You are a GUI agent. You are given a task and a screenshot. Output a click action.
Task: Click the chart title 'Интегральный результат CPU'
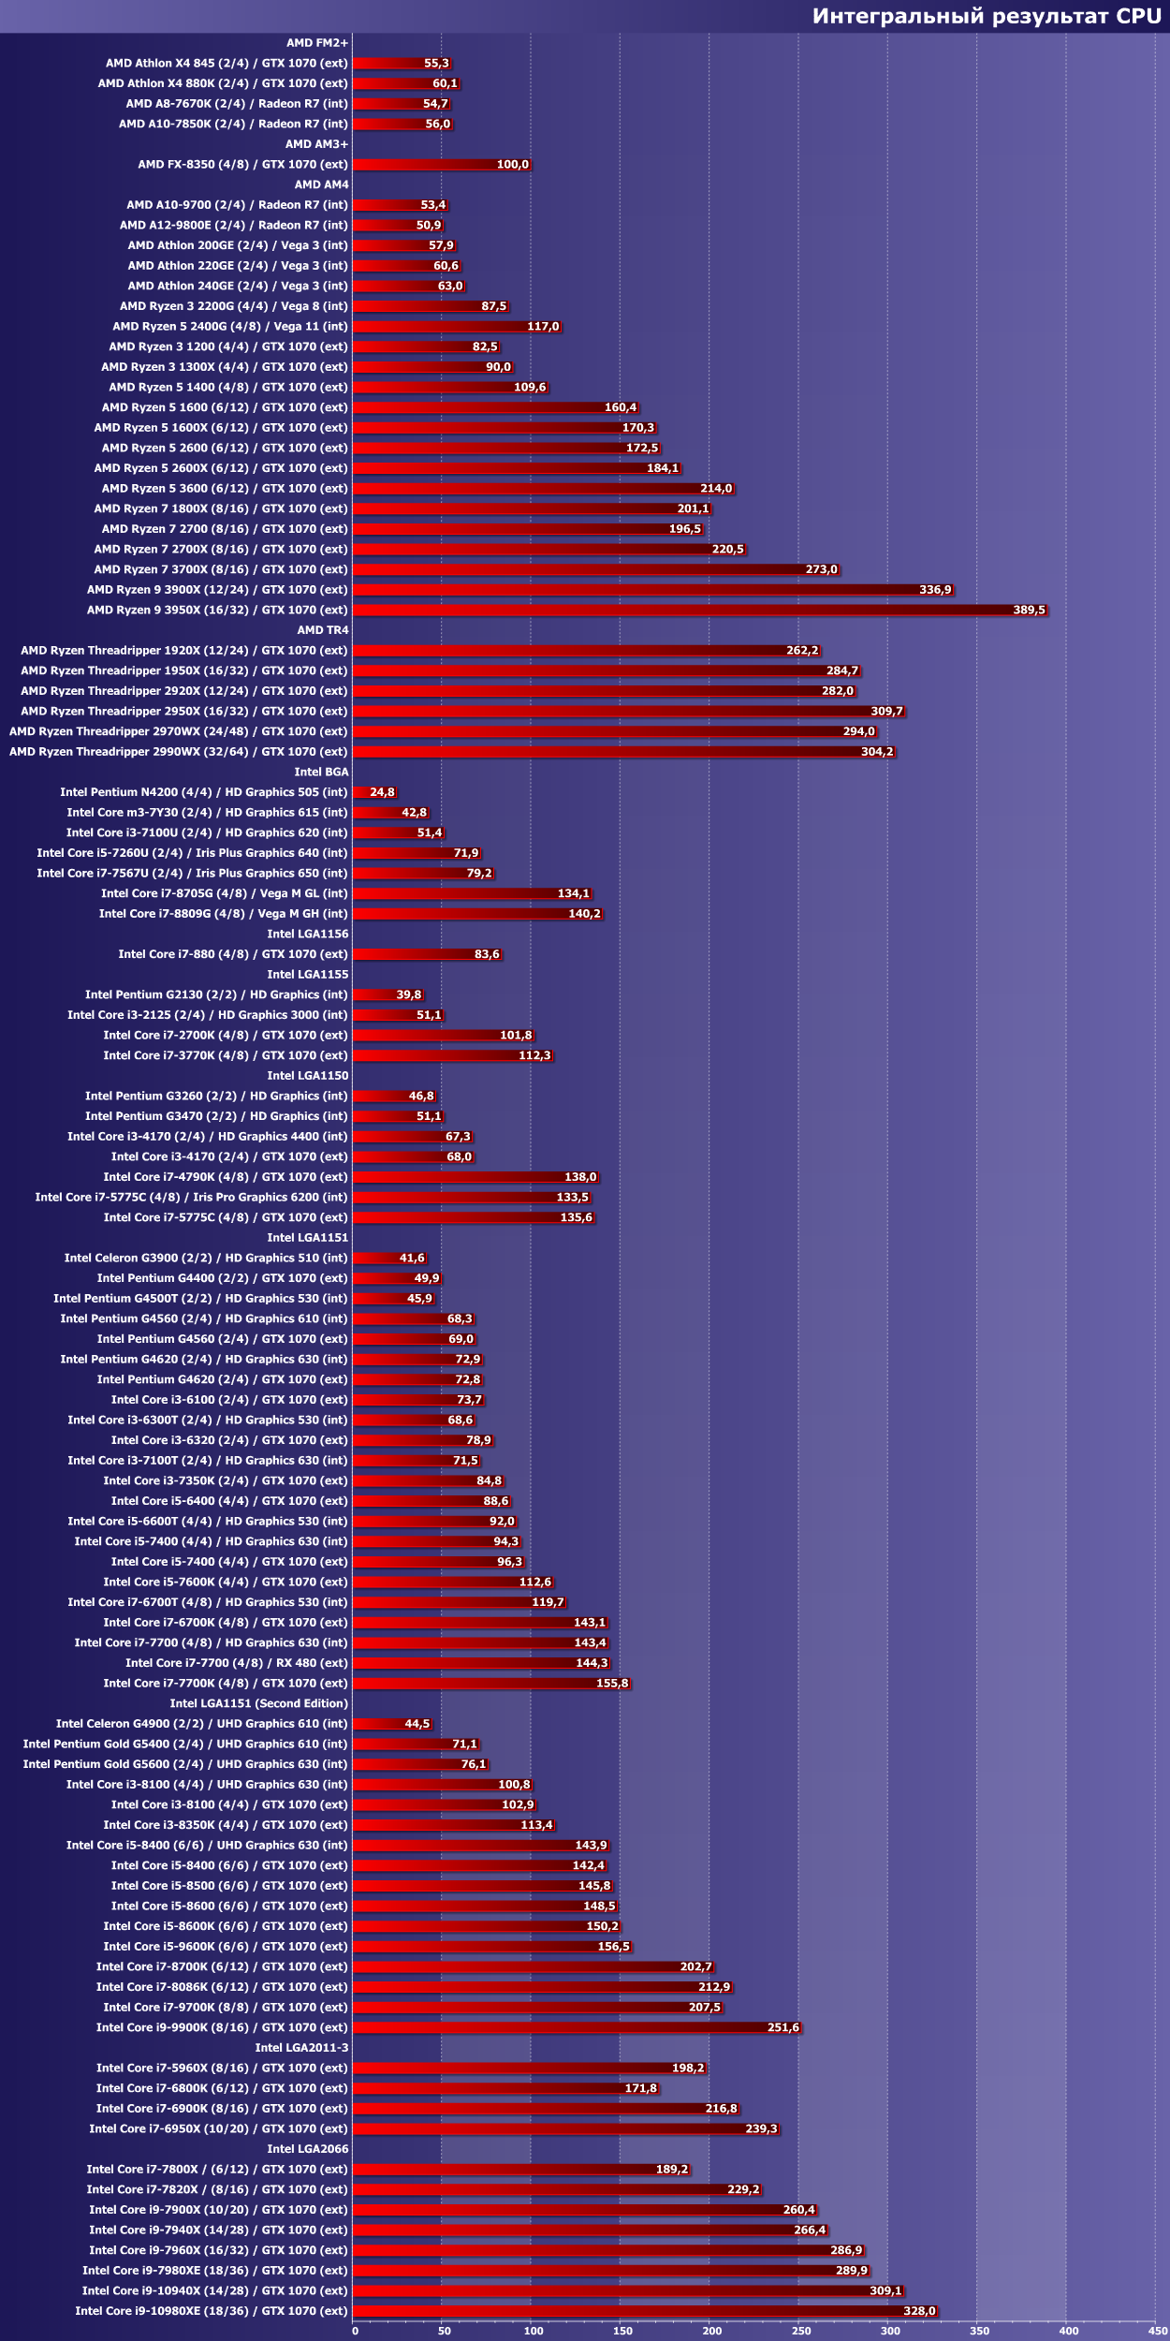tap(986, 16)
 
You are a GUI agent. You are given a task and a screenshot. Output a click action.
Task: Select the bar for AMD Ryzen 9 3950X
tap(700, 611)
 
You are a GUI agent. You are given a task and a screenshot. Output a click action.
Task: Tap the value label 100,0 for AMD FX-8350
tap(512, 165)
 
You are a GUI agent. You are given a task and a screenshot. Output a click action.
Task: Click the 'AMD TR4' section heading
tap(323, 630)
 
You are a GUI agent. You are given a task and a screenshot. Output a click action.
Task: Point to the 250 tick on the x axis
tap(801, 2331)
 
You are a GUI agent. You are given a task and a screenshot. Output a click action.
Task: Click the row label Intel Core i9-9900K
tap(222, 2027)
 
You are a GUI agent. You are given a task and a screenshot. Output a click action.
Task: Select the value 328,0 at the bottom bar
tap(919, 2311)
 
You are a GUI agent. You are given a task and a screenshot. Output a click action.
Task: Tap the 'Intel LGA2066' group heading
tap(308, 2149)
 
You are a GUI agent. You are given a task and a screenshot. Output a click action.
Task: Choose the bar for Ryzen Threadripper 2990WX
tap(624, 752)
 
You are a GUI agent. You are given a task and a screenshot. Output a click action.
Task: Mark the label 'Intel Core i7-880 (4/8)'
tap(233, 954)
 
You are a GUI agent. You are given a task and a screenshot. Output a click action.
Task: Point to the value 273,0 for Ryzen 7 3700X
tap(821, 569)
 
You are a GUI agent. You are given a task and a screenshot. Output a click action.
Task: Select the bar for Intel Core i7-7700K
tap(491, 1684)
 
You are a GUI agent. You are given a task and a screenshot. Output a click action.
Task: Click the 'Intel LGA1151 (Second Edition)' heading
tap(259, 1703)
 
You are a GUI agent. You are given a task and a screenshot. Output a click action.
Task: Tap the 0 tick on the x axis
tap(355, 2331)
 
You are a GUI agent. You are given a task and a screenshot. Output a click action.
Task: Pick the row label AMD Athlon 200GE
tap(238, 245)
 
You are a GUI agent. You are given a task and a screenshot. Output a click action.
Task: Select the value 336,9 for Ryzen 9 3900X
tap(935, 590)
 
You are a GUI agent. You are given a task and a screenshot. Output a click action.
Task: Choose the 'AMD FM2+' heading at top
tap(317, 43)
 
